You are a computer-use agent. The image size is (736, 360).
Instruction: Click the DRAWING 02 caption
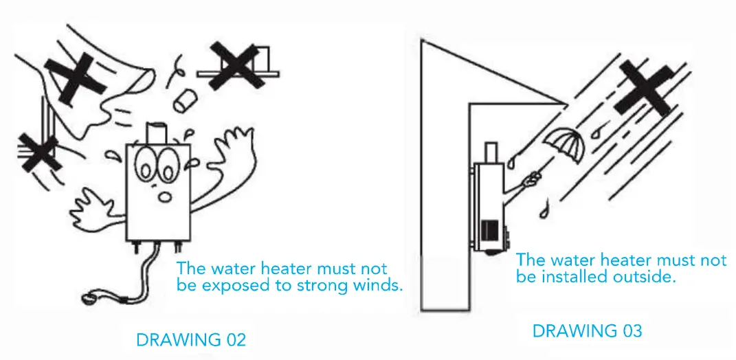[190, 340]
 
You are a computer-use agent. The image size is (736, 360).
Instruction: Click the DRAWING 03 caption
[587, 331]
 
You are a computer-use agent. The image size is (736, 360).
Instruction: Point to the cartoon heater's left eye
[146, 164]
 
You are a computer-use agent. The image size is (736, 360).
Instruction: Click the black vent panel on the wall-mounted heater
[489, 231]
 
